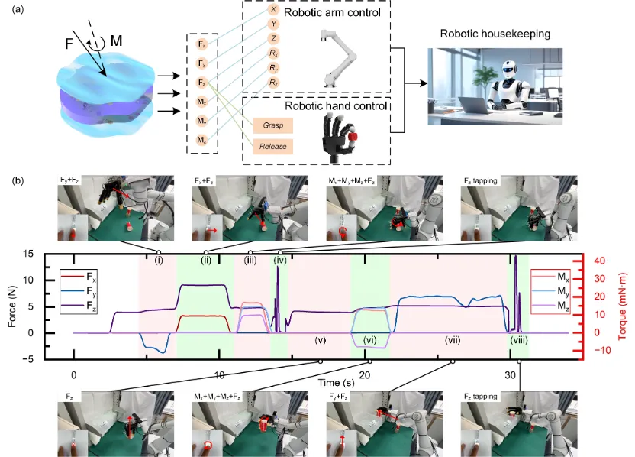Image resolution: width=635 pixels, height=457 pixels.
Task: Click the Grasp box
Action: click(x=273, y=124)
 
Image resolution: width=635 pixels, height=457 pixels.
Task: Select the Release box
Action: click(x=273, y=144)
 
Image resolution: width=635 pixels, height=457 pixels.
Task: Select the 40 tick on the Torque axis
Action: click(x=604, y=261)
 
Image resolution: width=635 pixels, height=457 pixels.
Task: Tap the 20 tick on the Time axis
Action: click(x=365, y=375)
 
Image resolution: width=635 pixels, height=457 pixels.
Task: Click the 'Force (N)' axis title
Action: click(x=13, y=306)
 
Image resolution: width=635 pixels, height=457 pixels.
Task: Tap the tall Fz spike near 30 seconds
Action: click(x=516, y=264)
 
